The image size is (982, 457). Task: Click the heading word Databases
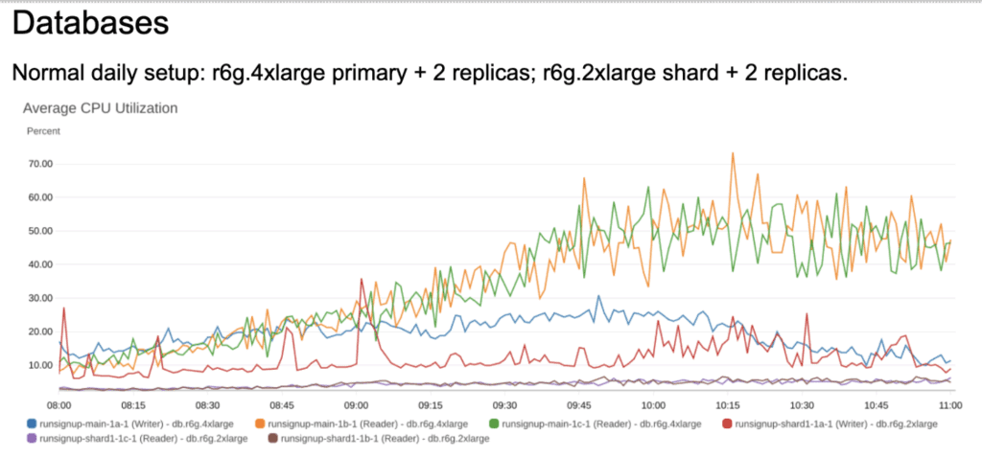(91, 23)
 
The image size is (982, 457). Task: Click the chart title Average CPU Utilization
(101, 108)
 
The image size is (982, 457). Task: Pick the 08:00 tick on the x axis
(59, 405)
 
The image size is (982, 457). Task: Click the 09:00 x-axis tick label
(357, 405)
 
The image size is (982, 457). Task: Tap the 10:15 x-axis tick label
(728, 405)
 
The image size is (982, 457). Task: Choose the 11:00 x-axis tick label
(950, 405)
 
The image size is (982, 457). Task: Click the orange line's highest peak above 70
(734, 153)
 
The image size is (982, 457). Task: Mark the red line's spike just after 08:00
(63, 308)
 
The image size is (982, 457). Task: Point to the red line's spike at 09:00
(362, 280)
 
